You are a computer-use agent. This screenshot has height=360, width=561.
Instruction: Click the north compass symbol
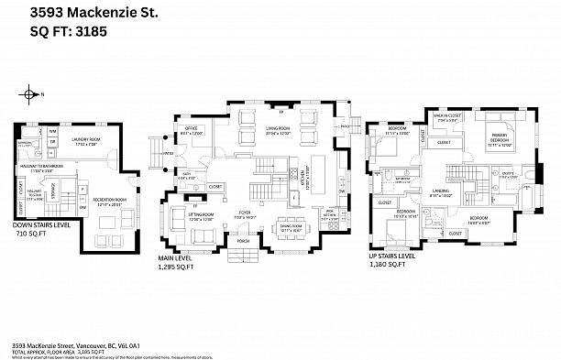[x=30, y=93]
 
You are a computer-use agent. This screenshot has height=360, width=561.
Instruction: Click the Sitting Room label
[x=200, y=217]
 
